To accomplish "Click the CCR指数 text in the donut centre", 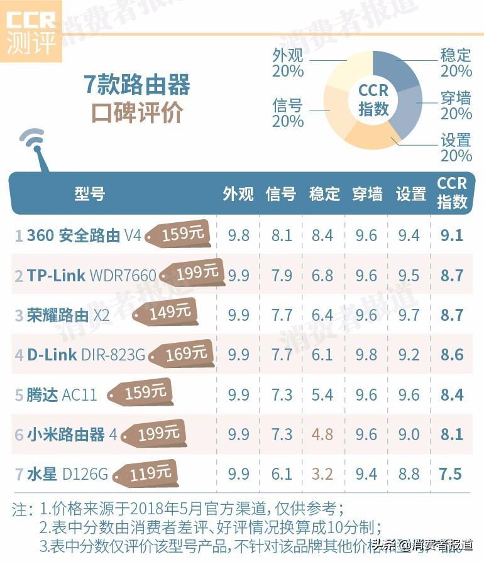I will [x=373, y=100].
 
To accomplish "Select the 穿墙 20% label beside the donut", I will [x=456, y=105].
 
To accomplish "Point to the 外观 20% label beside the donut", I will [x=288, y=63].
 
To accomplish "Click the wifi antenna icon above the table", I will [x=35, y=148].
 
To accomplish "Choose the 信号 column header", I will [x=281, y=193].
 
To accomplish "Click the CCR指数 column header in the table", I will [x=452, y=192].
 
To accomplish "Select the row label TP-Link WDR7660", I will [x=91, y=275].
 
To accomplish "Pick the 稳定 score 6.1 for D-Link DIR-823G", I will [x=322, y=355].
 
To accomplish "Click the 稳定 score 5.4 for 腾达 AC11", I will [x=322, y=394].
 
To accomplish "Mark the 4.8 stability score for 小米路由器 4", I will [x=322, y=434].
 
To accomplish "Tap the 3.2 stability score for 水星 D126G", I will [x=322, y=473].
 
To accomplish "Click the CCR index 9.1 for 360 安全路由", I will [x=451, y=235].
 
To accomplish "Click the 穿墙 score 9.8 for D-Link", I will [x=366, y=355].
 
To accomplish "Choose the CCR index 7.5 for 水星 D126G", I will [x=451, y=473].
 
